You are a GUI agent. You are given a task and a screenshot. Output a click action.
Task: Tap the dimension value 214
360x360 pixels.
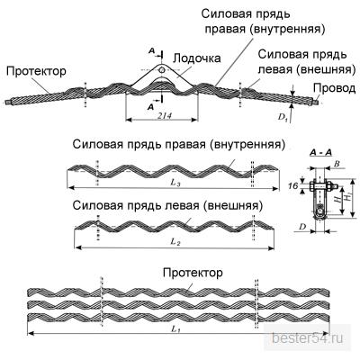point(165,116)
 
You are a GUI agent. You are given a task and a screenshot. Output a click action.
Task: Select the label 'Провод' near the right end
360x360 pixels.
point(335,88)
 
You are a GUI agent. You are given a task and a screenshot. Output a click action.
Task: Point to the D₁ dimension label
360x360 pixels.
point(283,117)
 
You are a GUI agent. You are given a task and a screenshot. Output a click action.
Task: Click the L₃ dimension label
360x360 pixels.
point(175,184)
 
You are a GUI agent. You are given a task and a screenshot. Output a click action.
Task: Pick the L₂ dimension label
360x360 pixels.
point(175,242)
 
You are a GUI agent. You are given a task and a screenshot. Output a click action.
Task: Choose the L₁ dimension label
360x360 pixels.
point(175,329)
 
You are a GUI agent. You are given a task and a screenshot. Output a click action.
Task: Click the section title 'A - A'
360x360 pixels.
point(320,153)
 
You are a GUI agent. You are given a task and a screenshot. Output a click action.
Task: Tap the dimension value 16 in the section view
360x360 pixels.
point(293,186)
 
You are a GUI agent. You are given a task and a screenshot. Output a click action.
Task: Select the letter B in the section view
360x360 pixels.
point(337,164)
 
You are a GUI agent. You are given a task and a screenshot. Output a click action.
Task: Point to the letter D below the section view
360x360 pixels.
point(302,227)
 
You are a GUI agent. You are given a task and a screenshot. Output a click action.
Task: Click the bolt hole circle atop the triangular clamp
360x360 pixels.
point(162,70)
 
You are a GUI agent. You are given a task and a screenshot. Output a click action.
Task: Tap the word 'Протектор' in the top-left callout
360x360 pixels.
point(36,71)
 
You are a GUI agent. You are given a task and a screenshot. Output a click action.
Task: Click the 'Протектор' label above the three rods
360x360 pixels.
point(193,273)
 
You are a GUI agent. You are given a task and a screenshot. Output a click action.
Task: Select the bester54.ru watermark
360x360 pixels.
point(307,338)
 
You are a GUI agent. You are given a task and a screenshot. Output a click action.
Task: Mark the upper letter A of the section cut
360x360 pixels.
point(152,51)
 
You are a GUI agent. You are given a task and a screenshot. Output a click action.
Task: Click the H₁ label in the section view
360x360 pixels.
point(348,197)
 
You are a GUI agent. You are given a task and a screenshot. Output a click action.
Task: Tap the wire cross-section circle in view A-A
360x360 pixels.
point(320,210)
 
